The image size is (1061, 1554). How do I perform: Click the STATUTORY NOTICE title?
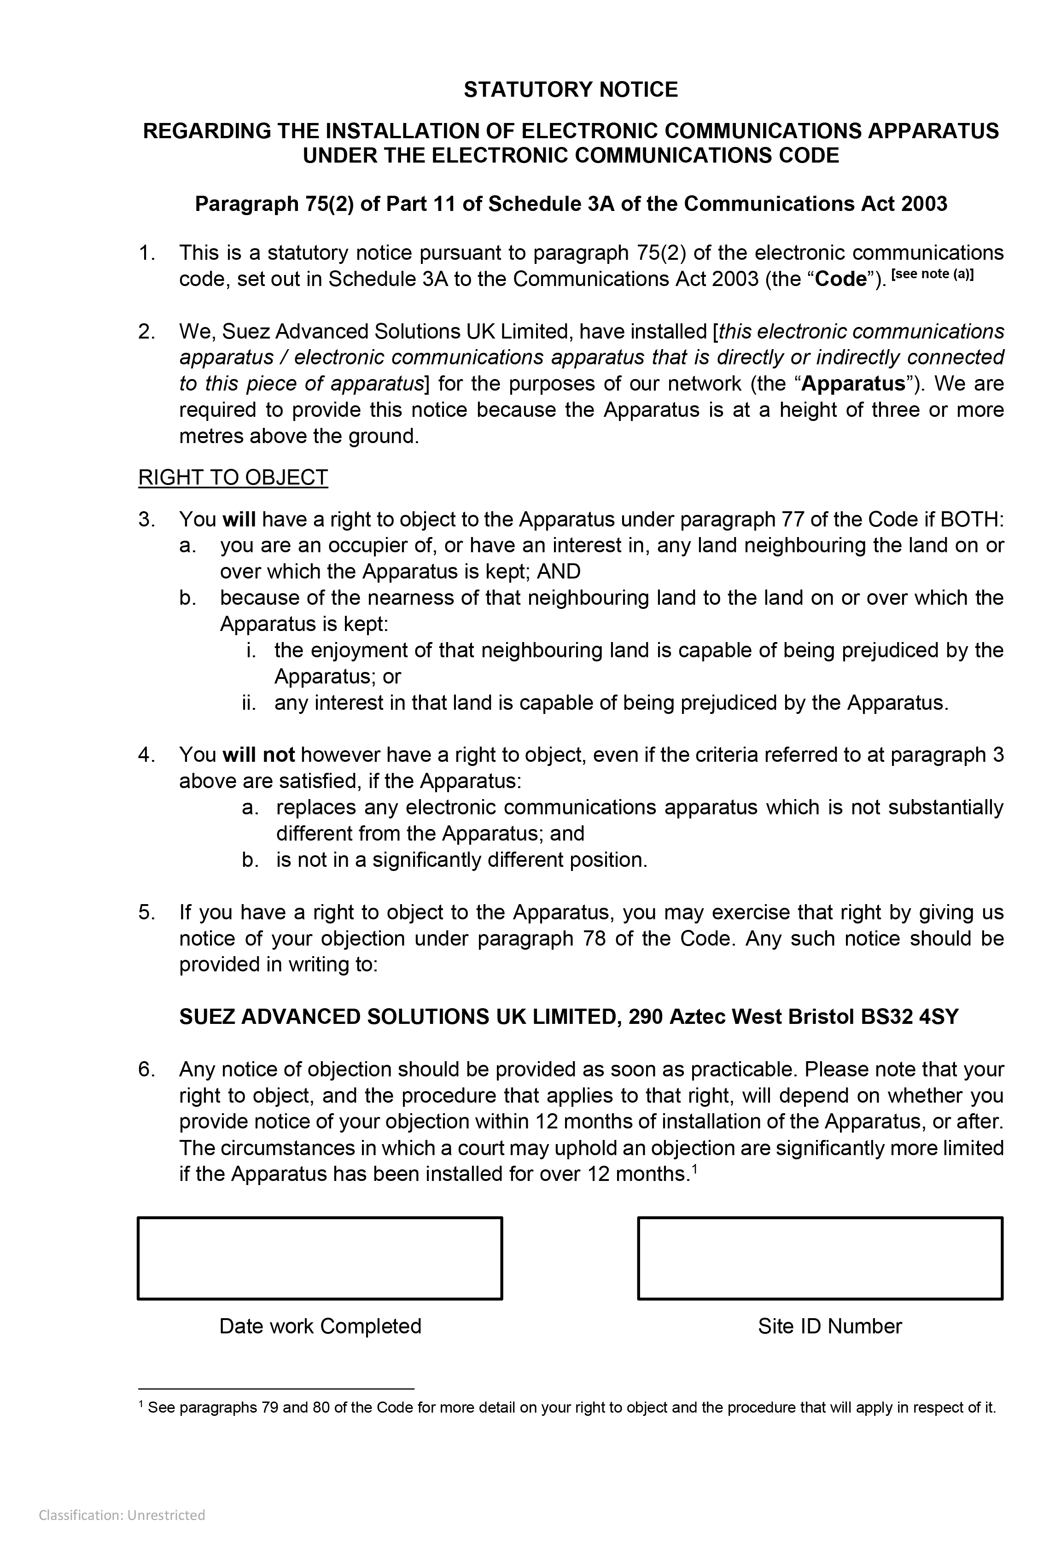570,90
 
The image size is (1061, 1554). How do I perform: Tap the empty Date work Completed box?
320,1258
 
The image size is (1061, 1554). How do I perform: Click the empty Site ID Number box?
820,1258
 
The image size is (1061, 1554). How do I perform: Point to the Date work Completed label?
320,1326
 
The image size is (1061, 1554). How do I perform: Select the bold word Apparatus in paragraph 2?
853,384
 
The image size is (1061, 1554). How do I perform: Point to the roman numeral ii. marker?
250,703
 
